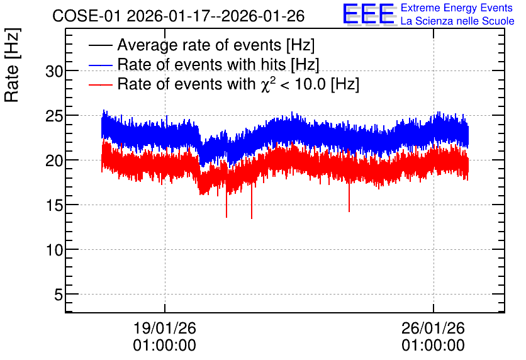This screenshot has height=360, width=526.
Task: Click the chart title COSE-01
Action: coord(86,16)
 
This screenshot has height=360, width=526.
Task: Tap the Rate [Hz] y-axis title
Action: coord(12,65)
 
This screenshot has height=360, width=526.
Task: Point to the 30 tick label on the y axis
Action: coord(54,71)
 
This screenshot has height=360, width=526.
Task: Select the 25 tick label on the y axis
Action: coord(54,116)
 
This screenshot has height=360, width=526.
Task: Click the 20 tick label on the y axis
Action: coord(54,160)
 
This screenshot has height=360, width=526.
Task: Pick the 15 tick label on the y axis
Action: coord(54,205)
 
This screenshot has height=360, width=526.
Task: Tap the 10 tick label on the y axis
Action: coord(54,250)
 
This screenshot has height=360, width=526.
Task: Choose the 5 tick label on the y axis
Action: coord(59,295)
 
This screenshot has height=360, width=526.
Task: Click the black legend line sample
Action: coord(100,45)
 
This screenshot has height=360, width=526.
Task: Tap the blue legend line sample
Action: coord(100,65)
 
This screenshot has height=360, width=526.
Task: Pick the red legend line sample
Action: coord(100,84)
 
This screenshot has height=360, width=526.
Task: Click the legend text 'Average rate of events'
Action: coord(199,45)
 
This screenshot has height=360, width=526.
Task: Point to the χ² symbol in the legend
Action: coord(268,84)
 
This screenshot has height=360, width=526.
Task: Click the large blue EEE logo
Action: coord(369,14)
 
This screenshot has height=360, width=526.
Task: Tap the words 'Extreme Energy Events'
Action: coord(457,8)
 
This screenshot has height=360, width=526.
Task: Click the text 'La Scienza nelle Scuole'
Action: coord(457,21)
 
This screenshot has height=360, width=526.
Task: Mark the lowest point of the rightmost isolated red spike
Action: coord(349,211)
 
